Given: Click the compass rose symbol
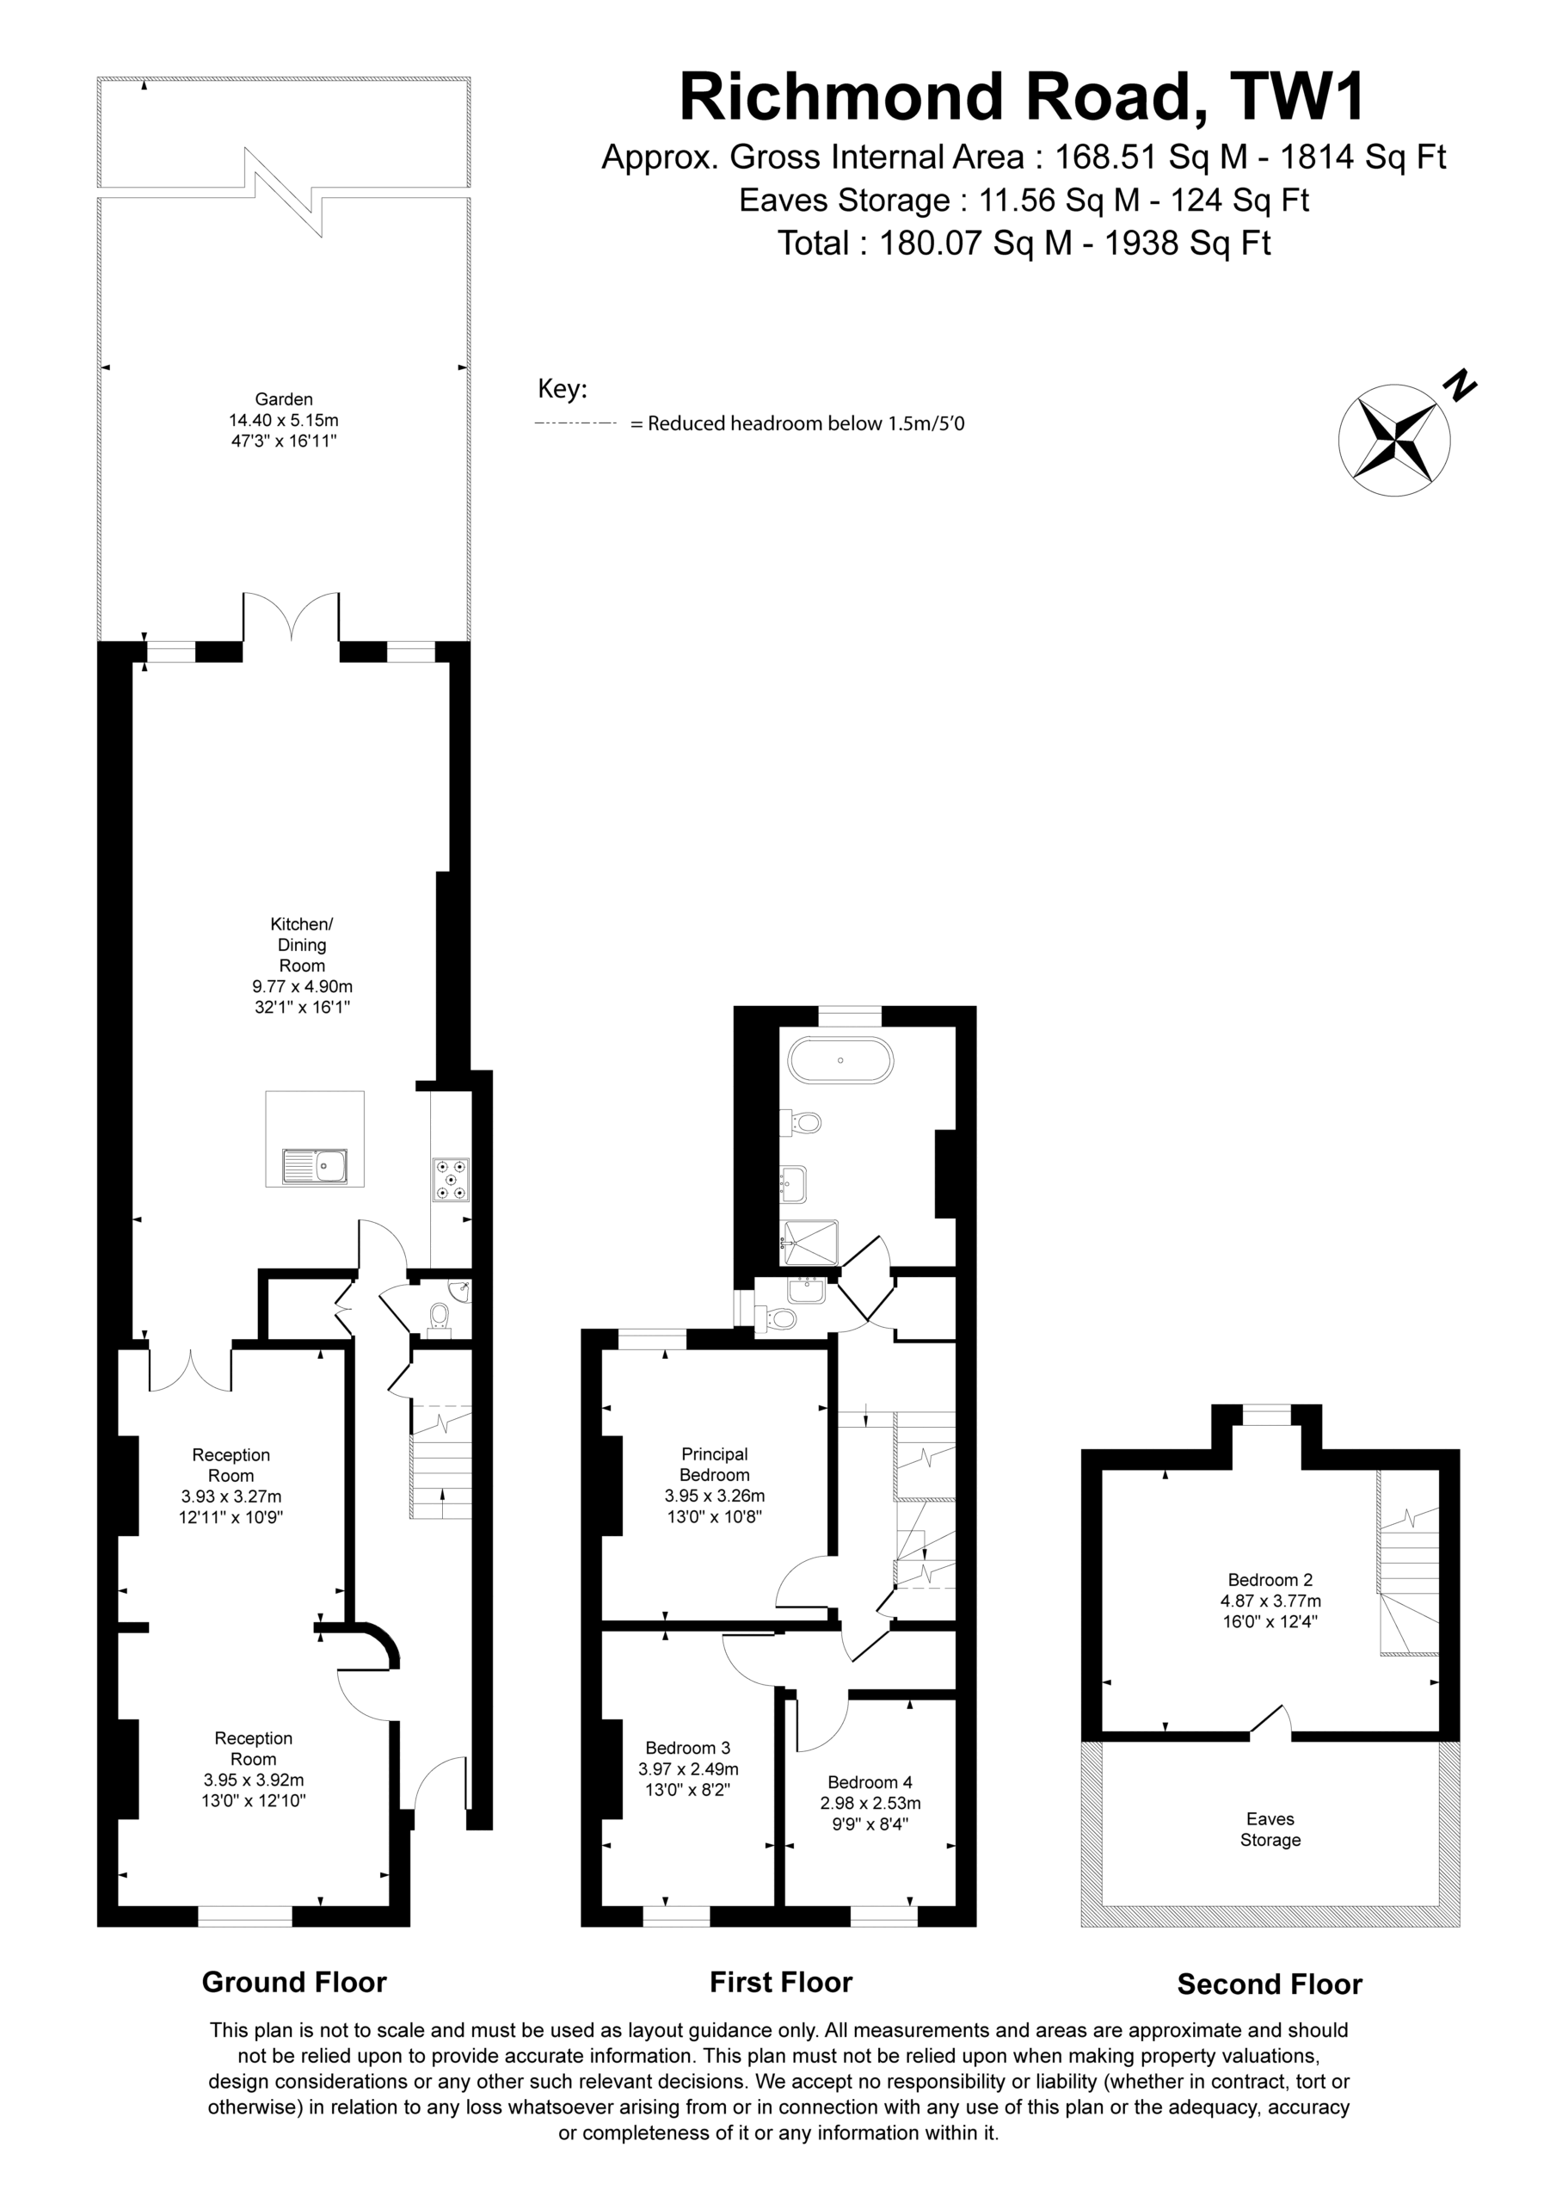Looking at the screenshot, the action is pos(1394,441).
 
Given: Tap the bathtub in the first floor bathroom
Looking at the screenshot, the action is pos(840,1060).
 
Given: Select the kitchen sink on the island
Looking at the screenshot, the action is pos(315,1166).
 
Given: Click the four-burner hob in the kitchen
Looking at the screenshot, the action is pos(452,1180).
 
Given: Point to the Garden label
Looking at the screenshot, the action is pos(284,399).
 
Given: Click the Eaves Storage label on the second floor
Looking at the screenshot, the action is pos(1270,1829).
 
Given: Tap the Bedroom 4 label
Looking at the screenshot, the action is pos(870,1782).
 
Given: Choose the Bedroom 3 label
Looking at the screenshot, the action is pos(688,1747).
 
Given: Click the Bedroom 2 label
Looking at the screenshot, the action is pos(1270,1579).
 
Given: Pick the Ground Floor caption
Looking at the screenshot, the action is pos(293,1983).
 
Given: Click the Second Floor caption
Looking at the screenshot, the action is pos(1270,1984).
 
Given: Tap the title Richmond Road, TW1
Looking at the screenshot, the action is pos(1022,97).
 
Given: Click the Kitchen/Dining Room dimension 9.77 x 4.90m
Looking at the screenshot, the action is pos(302,985).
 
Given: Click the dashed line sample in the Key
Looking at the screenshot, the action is pos(575,423).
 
